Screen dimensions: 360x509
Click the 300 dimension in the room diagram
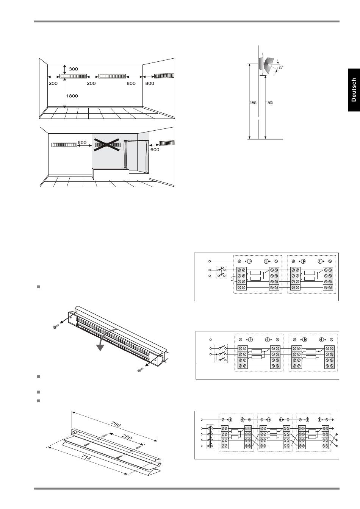click(x=73, y=69)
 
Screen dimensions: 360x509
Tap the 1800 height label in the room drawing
click(x=72, y=96)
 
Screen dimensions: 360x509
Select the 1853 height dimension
click(x=253, y=103)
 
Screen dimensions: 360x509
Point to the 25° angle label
click(x=281, y=67)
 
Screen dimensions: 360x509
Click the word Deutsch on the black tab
click(x=354, y=90)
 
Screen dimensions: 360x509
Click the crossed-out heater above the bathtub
click(x=108, y=145)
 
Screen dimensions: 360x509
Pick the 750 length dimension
click(x=116, y=424)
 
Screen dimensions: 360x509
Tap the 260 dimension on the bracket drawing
click(x=127, y=437)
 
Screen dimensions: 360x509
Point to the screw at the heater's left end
click(x=56, y=327)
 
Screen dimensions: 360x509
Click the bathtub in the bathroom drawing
click(x=110, y=174)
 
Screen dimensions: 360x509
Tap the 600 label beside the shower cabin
click(x=155, y=150)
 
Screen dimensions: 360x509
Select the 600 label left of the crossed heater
click(x=82, y=142)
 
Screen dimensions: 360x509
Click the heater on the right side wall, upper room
click(x=164, y=76)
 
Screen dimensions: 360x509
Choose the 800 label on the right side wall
click(x=150, y=83)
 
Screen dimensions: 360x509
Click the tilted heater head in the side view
click(x=269, y=66)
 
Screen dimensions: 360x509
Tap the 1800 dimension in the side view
click(x=269, y=103)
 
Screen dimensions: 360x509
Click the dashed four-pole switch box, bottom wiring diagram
click(x=210, y=436)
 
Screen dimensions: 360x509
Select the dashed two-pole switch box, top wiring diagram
click(x=221, y=272)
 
